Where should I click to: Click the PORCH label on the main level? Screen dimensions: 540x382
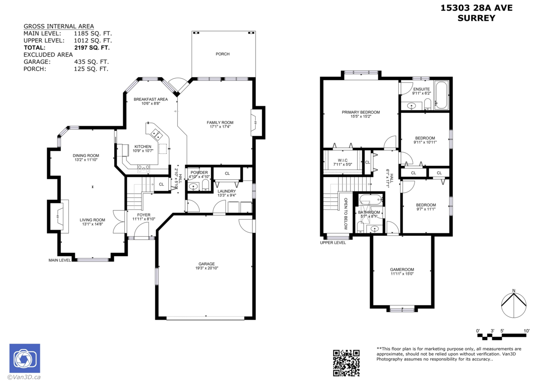pyautogui.click(x=222, y=54)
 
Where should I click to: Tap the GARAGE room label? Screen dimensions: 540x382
pyautogui.click(x=207, y=264)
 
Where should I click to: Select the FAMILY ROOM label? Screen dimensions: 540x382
pyautogui.click(x=220, y=123)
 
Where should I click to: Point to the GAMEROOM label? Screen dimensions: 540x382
pyautogui.click(x=402, y=270)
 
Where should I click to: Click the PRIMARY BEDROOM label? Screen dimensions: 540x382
pyautogui.click(x=361, y=112)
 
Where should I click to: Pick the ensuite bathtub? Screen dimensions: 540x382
pyautogui.click(x=441, y=95)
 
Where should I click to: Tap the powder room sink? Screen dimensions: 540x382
pyautogui.click(x=193, y=187)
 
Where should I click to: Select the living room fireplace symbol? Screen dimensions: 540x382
pyautogui.click(x=58, y=216)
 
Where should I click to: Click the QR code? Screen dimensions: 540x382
pyautogui.click(x=346, y=363)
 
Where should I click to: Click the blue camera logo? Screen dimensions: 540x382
pyautogui.click(x=25, y=358)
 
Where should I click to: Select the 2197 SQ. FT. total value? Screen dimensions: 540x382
pyautogui.click(x=92, y=48)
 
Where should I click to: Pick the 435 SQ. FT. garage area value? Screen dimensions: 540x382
pyautogui.click(x=91, y=62)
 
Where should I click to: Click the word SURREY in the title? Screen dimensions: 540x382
pyautogui.click(x=477, y=18)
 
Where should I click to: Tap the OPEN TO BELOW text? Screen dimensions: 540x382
pyautogui.click(x=346, y=213)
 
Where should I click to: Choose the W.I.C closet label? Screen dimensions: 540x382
pyautogui.click(x=342, y=160)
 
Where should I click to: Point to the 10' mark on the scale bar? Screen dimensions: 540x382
pyautogui.click(x=526, y=331)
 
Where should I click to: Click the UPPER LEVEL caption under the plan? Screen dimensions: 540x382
pyautogui.click(x=333, y=243)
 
